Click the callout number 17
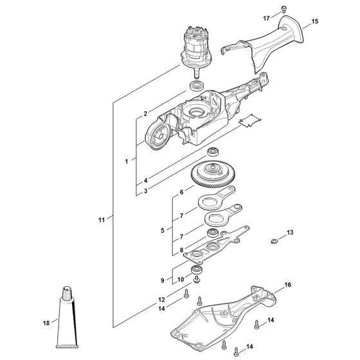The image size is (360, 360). point(266,18)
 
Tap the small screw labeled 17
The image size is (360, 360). point(284,9)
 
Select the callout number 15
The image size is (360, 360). point(315,21)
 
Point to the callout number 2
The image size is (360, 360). point(145,113)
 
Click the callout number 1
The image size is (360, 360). point(127,161)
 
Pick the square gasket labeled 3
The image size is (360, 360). point(250,120)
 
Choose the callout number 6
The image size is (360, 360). point(181,192)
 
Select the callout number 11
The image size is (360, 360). point(102,220)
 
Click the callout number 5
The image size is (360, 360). point(163,230)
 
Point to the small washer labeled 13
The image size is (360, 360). point(273,241)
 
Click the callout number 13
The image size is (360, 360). point(290,232)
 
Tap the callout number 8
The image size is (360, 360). point(181,250)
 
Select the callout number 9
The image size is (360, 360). point(162,280)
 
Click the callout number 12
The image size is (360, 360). point(161,300)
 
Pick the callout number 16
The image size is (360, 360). point(288,285)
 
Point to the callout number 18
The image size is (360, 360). point(46,323)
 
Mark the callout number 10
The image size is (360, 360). point(181,280)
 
